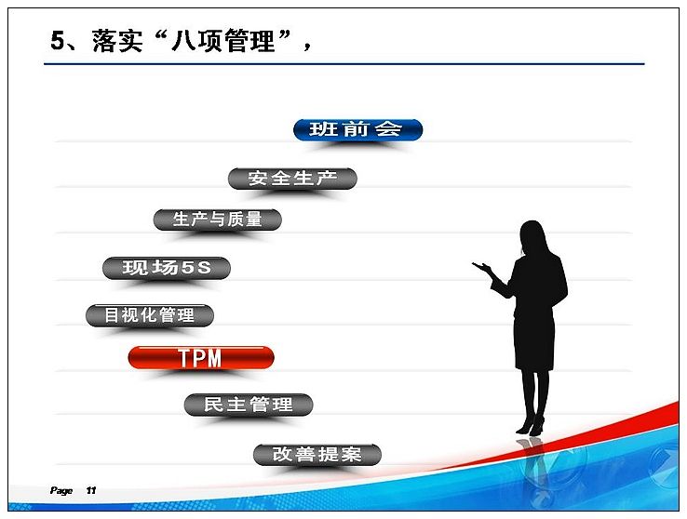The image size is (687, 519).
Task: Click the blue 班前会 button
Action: tap(357, 129)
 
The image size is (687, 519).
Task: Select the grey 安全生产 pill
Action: tap(292, 179)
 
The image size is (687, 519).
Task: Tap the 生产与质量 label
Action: tap(217, 220)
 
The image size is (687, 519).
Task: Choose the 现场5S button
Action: tap(167, 268)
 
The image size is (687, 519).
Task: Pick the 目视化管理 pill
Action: tap(150, 315)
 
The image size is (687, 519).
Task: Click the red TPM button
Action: tap(201, 357)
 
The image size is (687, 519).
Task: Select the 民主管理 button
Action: tap(249, 405)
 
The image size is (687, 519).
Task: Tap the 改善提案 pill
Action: tap(317, 454)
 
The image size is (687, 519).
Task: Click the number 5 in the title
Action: tap(58, 41)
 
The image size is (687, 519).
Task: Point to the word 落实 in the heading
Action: tap(117, 41)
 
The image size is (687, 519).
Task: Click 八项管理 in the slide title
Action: tap(222, 41)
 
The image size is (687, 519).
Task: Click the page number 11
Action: tap(90, 490)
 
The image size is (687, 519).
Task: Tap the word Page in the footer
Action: tap(61, 490)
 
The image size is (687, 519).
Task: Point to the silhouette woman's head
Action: tap(533, 237)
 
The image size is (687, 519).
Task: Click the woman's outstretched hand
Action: tap(481, 266)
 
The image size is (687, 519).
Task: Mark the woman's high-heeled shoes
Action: tap(531, 427)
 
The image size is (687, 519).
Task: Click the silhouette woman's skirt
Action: tap(534, 341)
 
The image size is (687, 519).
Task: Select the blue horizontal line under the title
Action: tap(343, 64)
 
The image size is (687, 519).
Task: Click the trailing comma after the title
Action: tap(307, 47)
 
